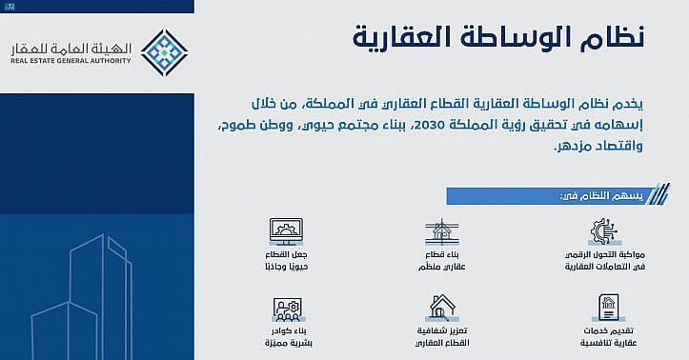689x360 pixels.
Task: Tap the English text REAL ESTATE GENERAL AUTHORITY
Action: point(67,64)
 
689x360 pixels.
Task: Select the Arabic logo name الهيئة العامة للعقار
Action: point(67,47)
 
